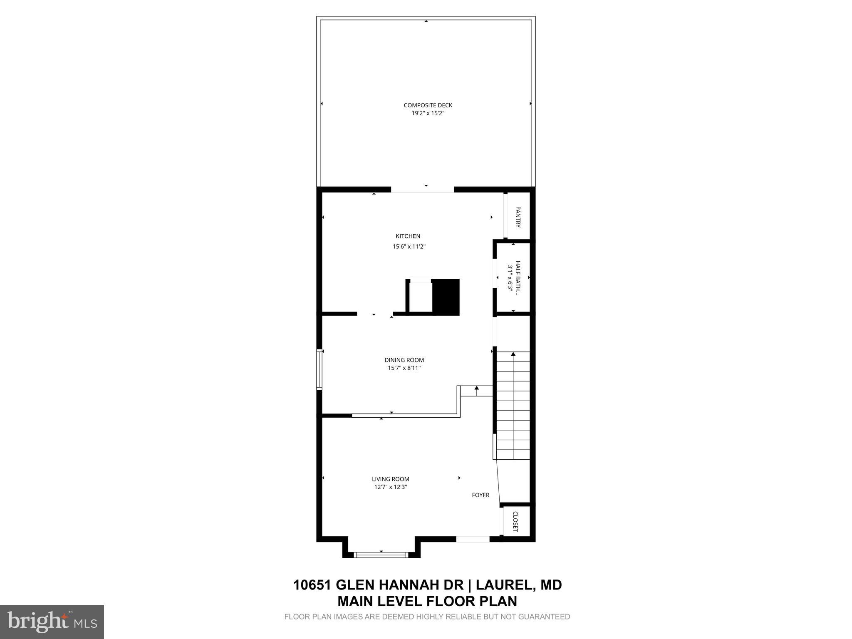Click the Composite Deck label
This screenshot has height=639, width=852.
point(428,105)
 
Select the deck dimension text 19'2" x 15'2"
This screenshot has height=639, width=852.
point(428,113)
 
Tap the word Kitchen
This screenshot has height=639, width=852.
point(408,236)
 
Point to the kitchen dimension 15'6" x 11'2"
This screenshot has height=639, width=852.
point(409,247)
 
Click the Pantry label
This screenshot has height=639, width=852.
point(518,217)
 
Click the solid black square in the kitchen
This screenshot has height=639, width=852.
point(446,297)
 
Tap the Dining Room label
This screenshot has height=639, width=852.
point(404,360)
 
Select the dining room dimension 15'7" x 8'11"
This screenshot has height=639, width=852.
point(404,368)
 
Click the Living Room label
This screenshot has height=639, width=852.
point(390,479)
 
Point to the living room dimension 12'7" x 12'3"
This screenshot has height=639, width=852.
point(390,487)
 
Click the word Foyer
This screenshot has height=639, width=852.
point(480,495)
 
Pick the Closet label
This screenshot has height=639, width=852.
point(515,522)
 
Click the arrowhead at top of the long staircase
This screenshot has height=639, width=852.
point(513,354)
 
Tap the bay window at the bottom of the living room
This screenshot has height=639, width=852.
point(381,555)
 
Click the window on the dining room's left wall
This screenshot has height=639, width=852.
point(319,369)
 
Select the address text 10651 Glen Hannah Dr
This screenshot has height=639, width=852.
point(378,585)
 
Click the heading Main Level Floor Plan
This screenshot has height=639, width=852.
point(427,602)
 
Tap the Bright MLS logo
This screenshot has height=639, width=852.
point(52,622)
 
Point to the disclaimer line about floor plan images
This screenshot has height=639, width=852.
point(427,617)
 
